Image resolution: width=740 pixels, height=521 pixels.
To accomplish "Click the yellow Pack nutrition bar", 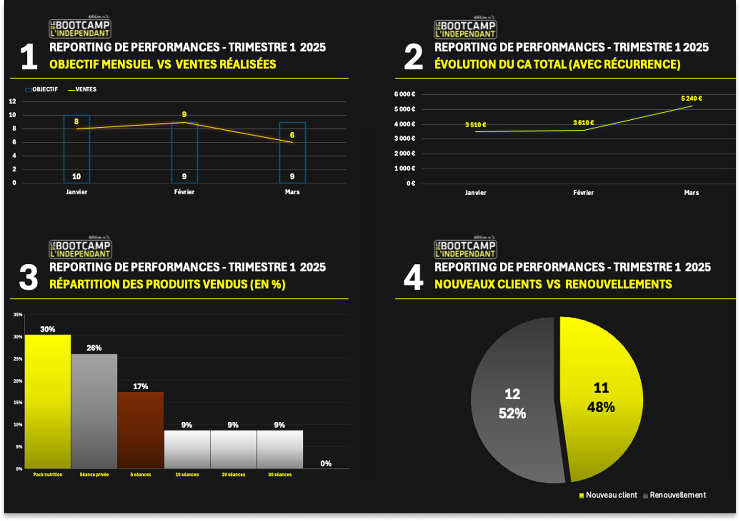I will [x=48, y=401].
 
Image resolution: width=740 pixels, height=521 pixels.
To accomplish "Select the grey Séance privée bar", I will [x=94, y=411].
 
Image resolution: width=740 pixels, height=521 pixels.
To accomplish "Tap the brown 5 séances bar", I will [x=140, y=430].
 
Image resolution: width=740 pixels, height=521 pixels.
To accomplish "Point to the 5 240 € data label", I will [x=691, y=98].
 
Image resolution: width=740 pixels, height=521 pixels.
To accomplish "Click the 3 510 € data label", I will [x=476, y=125].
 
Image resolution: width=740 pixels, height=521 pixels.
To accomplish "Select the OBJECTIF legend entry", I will [x=42, y=89].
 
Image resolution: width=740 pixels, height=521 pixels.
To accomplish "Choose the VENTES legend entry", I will [x=82, y=89].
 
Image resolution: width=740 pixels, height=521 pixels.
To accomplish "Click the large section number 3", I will [x=29, y=277].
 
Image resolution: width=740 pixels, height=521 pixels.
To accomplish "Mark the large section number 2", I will [x=413, y=57].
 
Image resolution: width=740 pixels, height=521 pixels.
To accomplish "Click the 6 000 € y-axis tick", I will [x=405, y=94].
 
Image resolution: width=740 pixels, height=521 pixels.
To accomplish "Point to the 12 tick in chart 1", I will [x=13, y=101].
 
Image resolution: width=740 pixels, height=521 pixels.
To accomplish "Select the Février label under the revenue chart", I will [x=583, y=193].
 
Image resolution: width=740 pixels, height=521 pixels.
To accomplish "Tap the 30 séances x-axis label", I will [x=280, y=475].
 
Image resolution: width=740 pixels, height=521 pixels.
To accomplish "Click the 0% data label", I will [x=326, y=463].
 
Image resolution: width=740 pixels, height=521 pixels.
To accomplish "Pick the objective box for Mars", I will [x=292, y=153].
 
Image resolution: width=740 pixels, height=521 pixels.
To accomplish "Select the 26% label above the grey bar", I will [x=94, y=348].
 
